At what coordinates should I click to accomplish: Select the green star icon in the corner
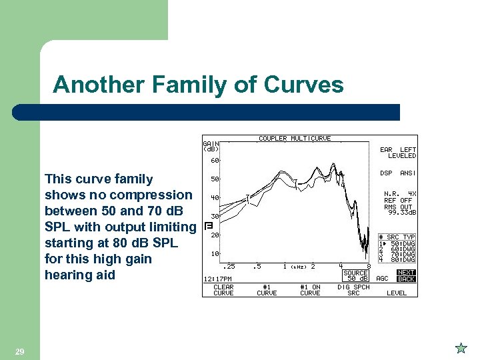461,347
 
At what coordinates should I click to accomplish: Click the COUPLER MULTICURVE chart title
294,139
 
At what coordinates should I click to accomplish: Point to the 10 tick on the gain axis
215,254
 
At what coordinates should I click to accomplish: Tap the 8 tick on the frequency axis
369,266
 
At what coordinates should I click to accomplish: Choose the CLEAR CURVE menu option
223,290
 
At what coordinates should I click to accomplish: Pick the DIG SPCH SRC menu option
353,290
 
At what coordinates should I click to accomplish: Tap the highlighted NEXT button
406,272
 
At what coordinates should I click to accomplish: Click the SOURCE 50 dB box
355,275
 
